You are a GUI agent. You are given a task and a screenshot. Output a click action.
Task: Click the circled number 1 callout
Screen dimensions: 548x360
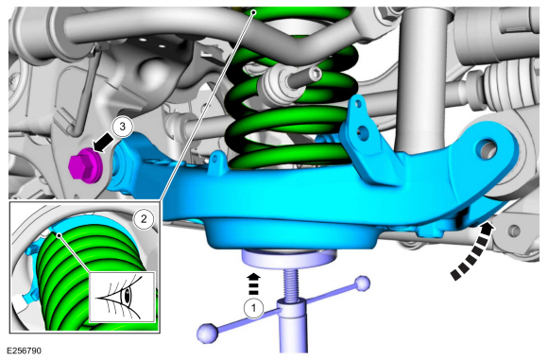[x=253, y=308]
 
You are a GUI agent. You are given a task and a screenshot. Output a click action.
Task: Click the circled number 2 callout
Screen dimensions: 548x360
[x=144, y=219]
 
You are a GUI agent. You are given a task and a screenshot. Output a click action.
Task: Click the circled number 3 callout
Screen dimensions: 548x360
[x=122, y=127]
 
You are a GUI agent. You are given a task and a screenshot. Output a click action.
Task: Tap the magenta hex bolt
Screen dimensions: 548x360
[x=86, y=165]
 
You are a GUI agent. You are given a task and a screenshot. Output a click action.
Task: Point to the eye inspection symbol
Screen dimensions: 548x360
[x=121, y=297]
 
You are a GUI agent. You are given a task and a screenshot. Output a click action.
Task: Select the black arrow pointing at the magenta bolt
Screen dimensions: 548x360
[x=102, y=145]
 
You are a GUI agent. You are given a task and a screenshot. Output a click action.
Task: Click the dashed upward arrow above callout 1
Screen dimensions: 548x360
[x=254, y=284]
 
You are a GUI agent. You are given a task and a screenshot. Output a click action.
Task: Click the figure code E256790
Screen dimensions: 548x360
[x=24, y=351]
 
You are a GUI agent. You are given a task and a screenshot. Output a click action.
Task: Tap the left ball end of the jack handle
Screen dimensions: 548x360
[x=207, y=333]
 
